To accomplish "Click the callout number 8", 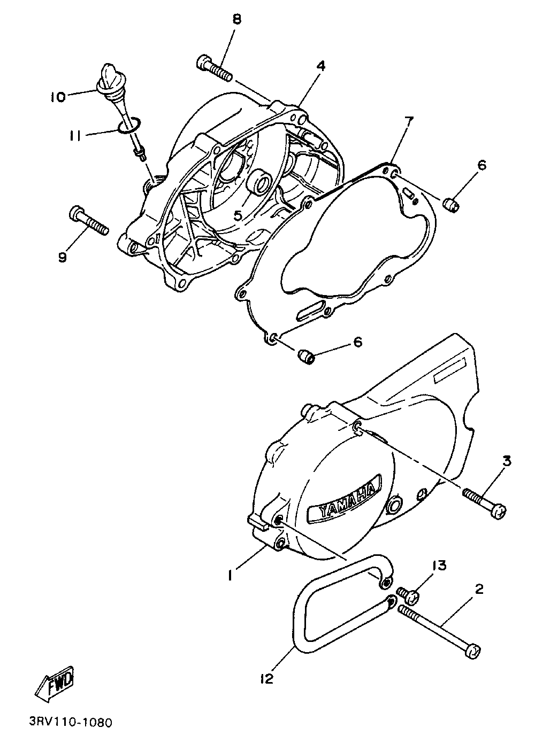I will (x=236, y=20).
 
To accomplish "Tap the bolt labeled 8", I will (x=215, y=68).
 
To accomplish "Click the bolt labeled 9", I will (x=89, y=221).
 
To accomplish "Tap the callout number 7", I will (x=408, y=121).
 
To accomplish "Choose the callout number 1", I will (x=230, y=575).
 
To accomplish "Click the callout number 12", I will (x=267, y=679).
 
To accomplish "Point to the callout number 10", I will (x=58, y=97).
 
